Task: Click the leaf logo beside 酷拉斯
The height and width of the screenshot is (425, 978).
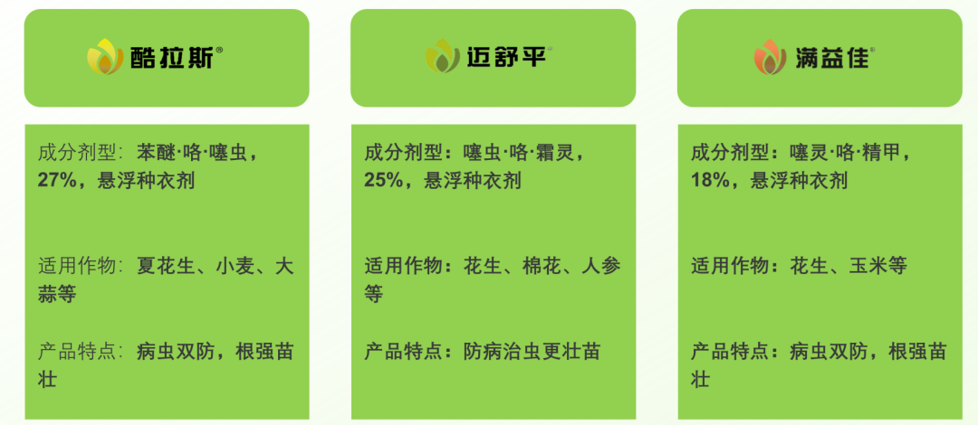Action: (x=105, y=58)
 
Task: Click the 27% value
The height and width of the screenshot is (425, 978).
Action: (x=55, y=180)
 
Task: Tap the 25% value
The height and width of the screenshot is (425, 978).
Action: (x=382, y=180)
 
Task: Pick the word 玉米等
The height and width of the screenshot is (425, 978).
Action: (x=877, y=267)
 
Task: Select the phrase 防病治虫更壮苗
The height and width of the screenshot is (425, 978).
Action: (x=532, y=352)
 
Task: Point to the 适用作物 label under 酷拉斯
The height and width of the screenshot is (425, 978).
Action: (x=78, y=267)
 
